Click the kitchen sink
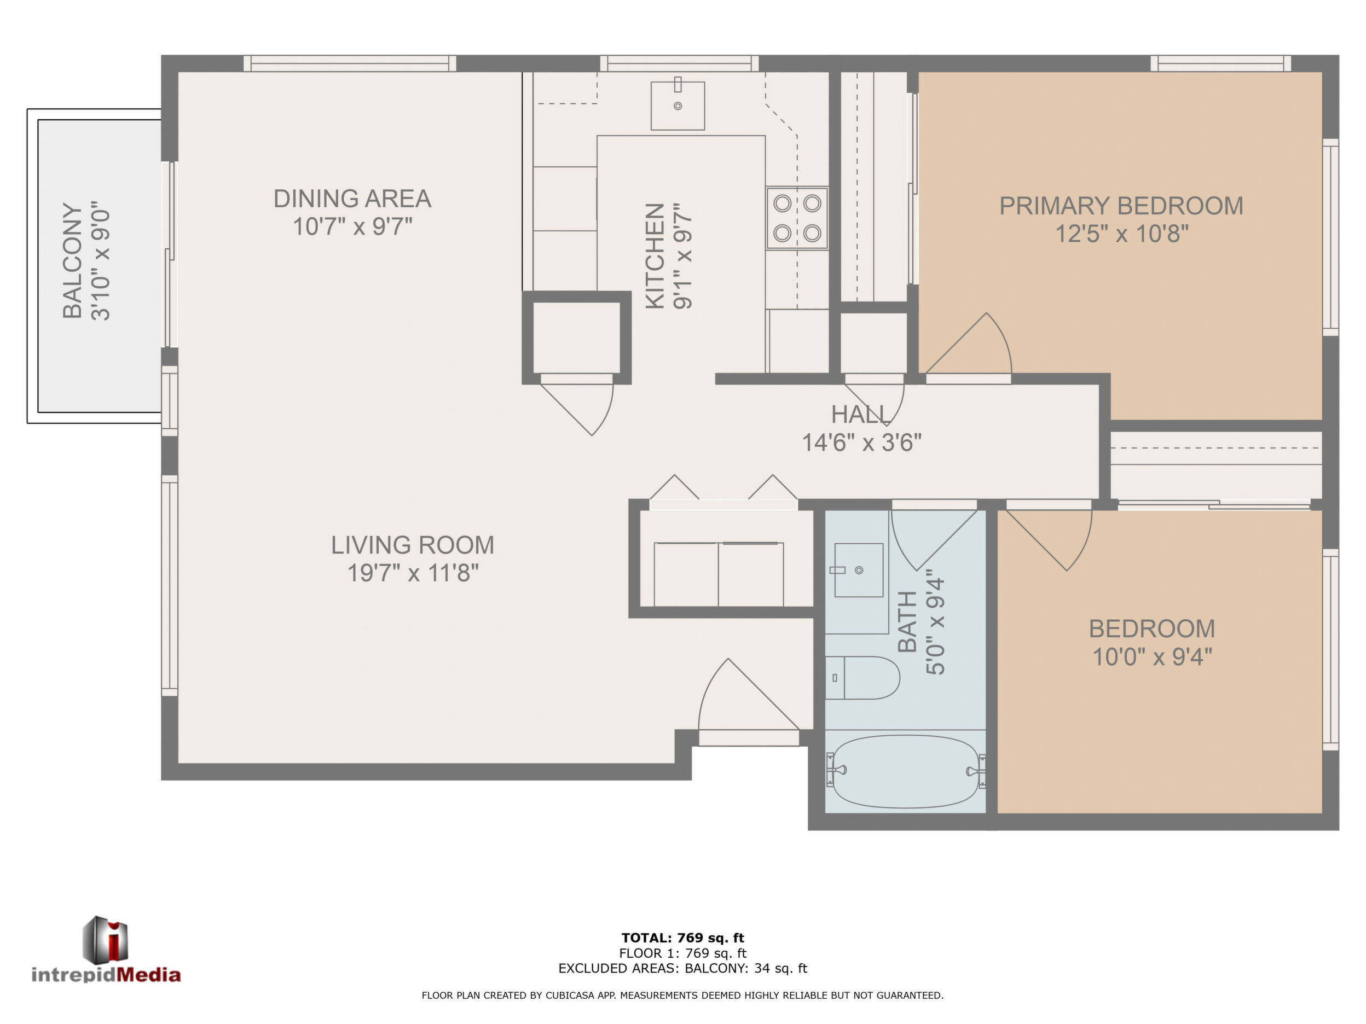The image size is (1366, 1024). pos(678,105)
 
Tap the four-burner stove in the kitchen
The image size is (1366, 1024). pos(797,218)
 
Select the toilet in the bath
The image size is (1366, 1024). pos(863,678)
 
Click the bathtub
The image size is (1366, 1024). pos(905,771)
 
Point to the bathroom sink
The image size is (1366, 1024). pos(858,570)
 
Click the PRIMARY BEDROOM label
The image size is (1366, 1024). pos(1121,206)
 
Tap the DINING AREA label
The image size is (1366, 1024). pos(352,199)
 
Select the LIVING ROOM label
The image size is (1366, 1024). pos(413,545)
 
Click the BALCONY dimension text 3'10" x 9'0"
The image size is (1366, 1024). pos(101,261)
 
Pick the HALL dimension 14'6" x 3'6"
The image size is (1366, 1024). pos(861,443)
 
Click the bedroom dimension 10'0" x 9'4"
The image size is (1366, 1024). pos(1153,657)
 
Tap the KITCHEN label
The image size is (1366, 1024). pos(655,256)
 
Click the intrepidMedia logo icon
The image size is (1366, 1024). pos(106,939)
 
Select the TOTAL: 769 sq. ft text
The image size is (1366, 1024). pos(683,938)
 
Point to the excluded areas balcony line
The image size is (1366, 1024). pos(683,968)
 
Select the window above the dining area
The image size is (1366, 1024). pos(350,63)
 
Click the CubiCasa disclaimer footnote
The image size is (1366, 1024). pos(683,995)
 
